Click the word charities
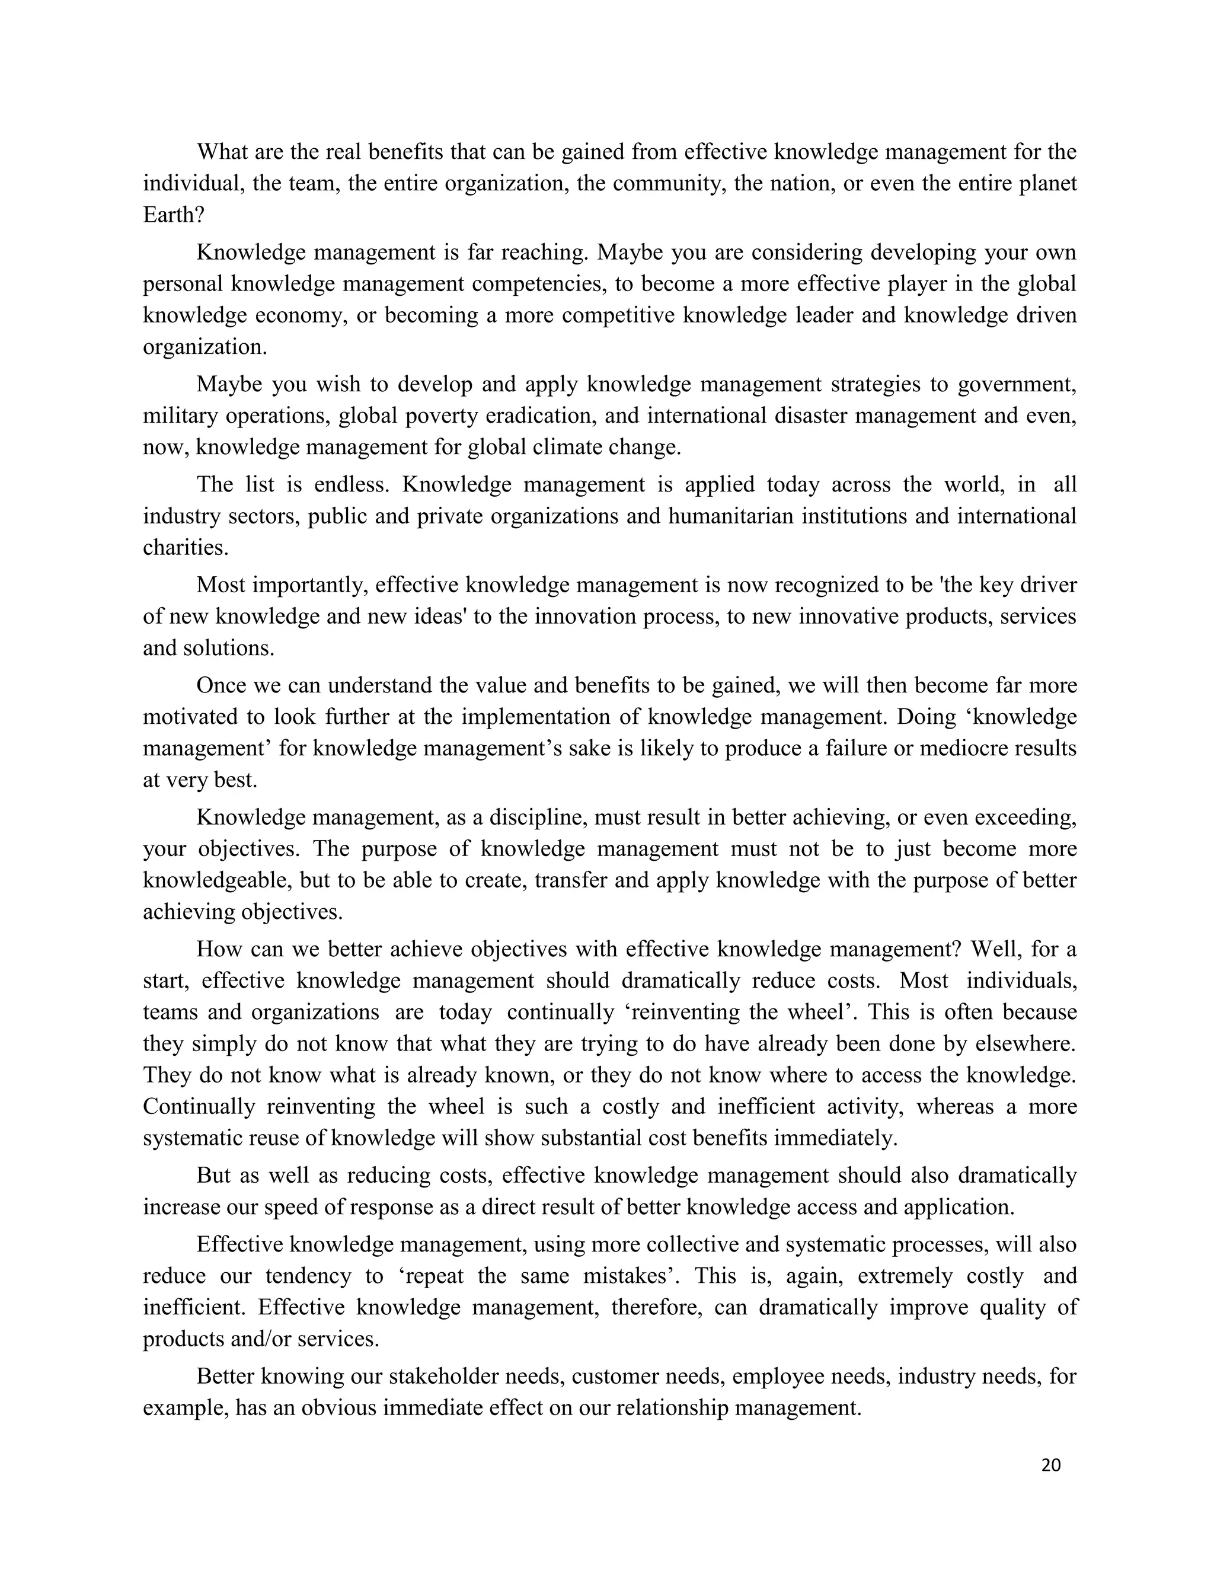[186, 548]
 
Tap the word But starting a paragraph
[213, 1176]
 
